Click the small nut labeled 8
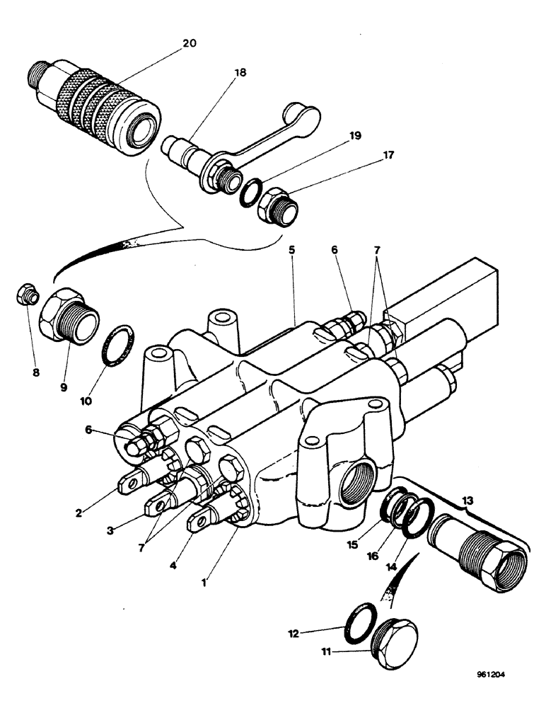coord(26,296)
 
